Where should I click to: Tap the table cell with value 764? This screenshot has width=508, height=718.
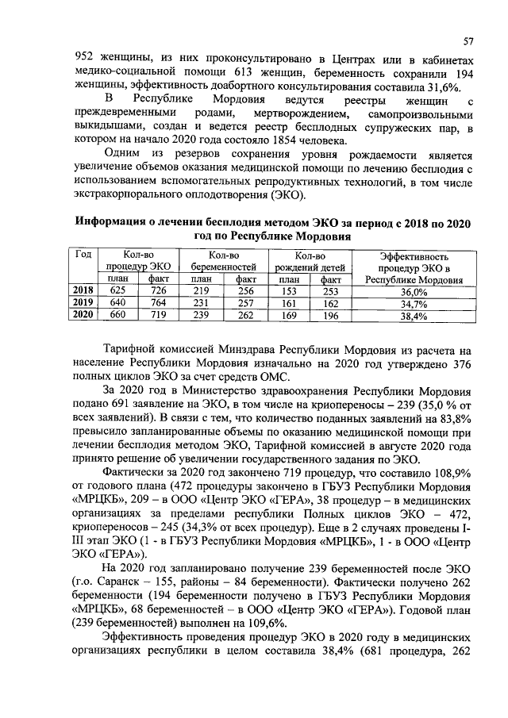158,303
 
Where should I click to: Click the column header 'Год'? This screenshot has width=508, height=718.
83,255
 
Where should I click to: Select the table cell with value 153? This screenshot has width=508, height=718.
288,292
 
